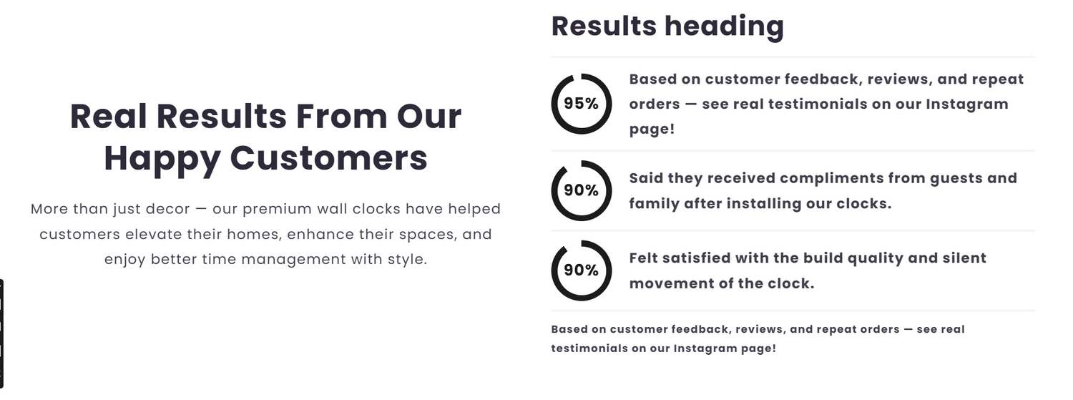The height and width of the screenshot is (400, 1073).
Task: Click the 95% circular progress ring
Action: click(x=553, y=104)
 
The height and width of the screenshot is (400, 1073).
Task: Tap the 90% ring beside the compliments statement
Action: click(x=553, y=191)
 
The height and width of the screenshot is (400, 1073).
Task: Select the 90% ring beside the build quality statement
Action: click(x=553, y=271)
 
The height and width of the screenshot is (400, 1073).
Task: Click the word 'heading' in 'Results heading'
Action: click(x=724, y=26)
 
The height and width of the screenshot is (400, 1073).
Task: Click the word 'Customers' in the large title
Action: click(x=328, y=158)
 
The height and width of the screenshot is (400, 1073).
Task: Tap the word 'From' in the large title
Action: click(x=341, y=117)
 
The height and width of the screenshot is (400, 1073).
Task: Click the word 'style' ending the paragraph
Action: click(x=407, y=260)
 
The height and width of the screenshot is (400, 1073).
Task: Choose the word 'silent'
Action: click(x=964, y=258)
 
